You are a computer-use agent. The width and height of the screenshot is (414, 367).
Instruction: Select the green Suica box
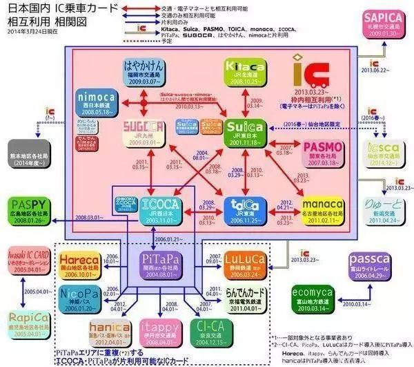point(243,131)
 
